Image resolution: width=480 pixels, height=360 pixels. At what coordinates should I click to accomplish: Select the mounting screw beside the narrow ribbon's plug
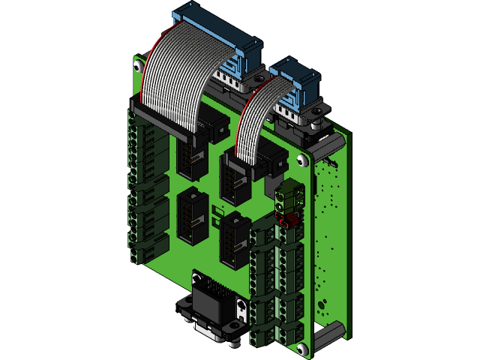(301, 160)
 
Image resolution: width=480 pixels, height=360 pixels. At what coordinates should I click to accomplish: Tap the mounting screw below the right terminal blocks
(301, 349)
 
